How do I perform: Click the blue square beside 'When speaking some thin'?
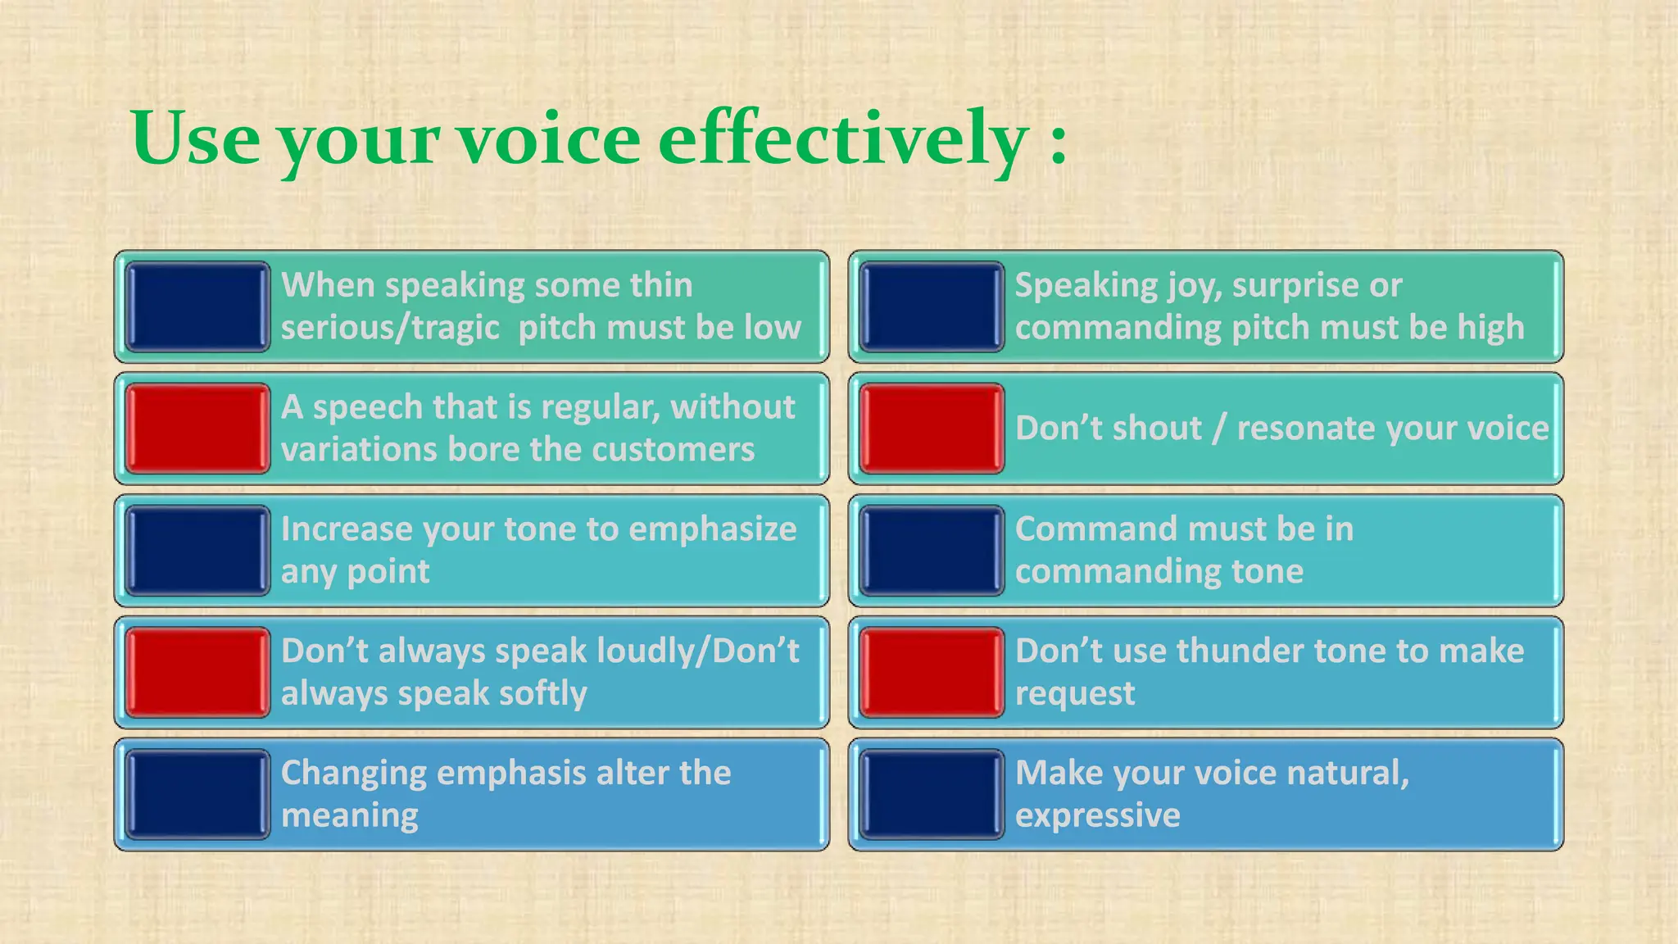[x=197, y=306]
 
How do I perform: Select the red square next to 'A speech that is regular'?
[x=197, y=429]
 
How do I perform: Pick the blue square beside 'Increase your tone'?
[x=197, y=551]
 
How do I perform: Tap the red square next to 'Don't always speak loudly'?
[x=197, y=673]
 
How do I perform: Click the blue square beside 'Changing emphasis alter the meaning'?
[x=197, y=795]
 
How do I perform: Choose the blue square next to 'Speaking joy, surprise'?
[x=932, y=306]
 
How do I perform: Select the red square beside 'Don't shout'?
[x=932, y=429]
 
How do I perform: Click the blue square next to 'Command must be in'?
[x=932, y=551]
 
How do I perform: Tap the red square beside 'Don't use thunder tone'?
[x=932, y=673]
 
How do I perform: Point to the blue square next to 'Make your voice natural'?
[x=932, y=795]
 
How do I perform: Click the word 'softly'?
[x=542, y=694]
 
